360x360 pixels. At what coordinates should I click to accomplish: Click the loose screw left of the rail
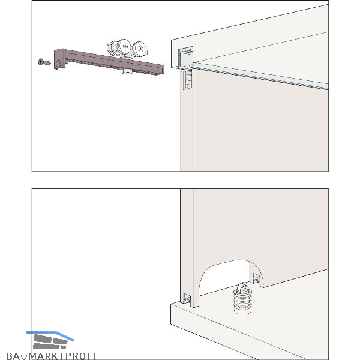point(44,62)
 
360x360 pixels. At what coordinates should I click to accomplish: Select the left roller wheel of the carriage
point(124,47)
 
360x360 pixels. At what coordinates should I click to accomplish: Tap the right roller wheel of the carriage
point(140,49)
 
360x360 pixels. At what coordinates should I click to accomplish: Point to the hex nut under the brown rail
point(127,71)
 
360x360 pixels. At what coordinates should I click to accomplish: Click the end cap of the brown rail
point(59,59)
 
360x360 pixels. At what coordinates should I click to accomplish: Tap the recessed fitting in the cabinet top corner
point(185,57)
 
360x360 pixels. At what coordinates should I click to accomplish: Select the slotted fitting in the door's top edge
point(187,79)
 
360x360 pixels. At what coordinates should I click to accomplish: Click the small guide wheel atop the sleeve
point(242,288)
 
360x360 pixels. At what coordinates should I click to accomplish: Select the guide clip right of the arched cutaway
point(256,278)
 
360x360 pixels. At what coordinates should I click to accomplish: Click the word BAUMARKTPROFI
point(51,356)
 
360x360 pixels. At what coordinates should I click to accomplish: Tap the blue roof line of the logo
point(50,335)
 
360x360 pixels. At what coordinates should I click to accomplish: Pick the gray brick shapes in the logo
point(50,342)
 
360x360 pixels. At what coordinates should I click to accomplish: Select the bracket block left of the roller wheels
point(112,48)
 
